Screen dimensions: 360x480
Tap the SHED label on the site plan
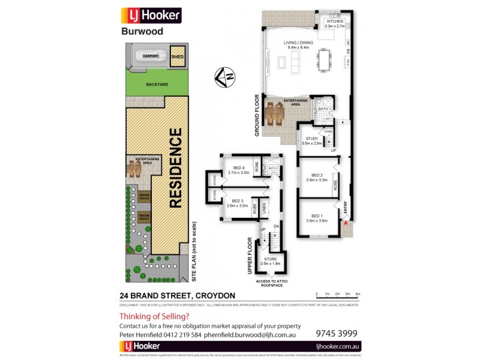pos(178,57)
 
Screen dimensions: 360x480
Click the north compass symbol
pos(226,76)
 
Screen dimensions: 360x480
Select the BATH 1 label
pos(325,109)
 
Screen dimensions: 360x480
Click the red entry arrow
pos(346,224)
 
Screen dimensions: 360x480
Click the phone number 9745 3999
pos(337,332)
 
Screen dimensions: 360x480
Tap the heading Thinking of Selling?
pos(154,316)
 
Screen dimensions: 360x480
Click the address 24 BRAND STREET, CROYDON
pos(177,295)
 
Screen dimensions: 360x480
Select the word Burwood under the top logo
pos(142,31)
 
